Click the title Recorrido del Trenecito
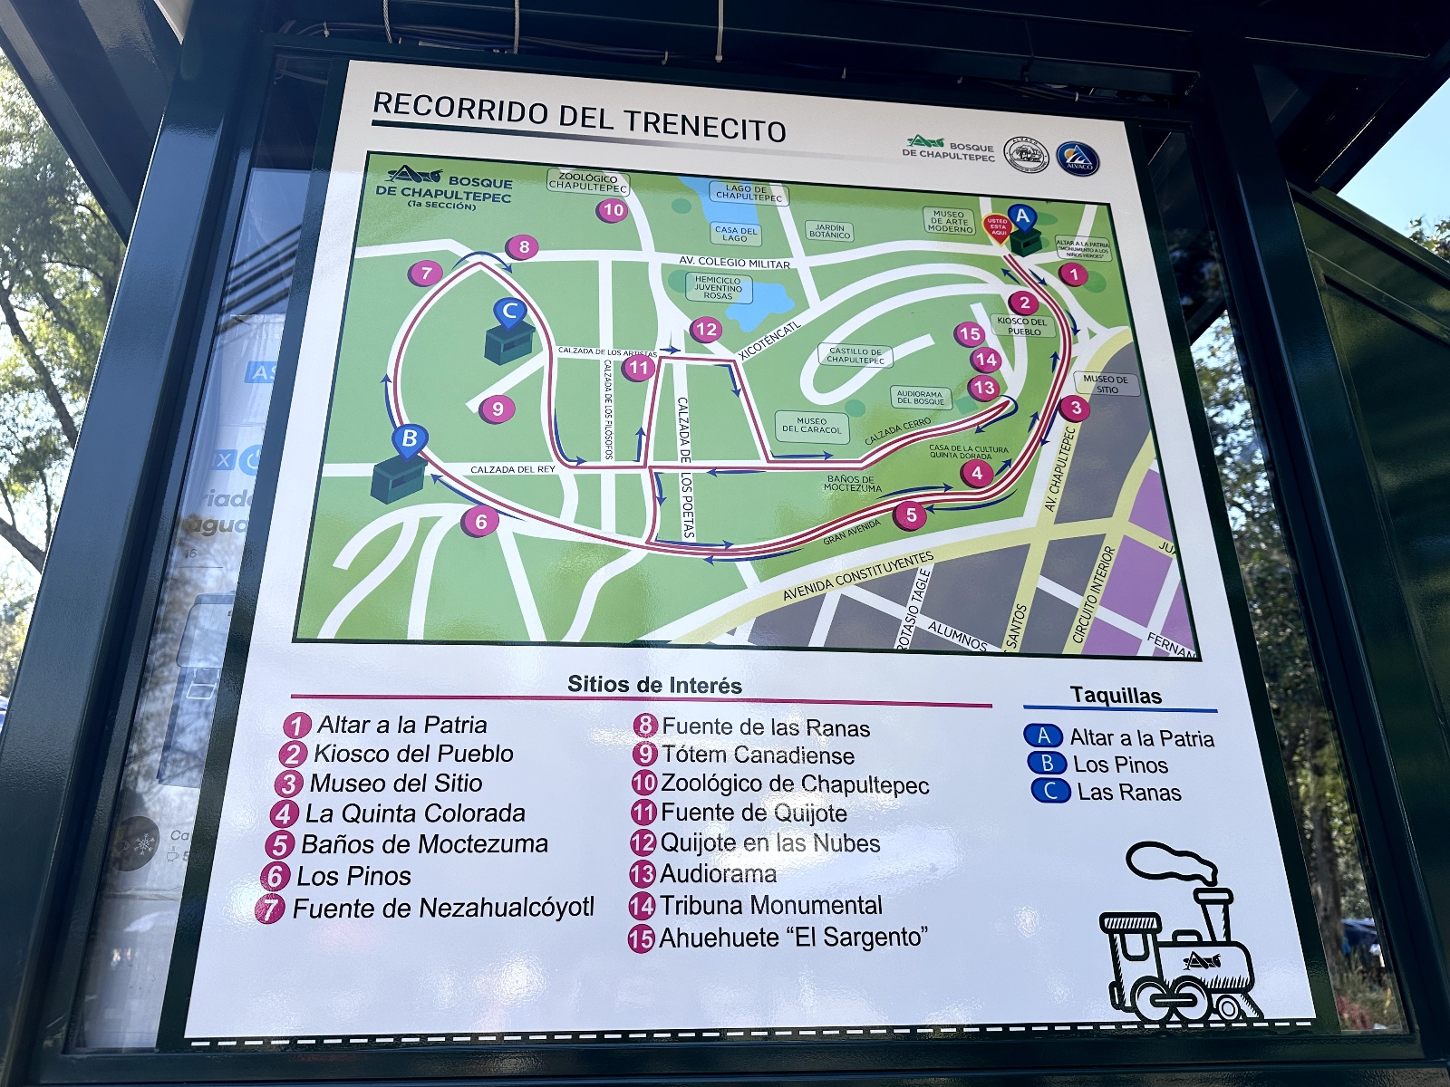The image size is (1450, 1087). pos(579,119)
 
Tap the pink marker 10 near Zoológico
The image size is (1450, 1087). pos(614,210)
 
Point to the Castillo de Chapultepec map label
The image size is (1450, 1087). pos(855,355)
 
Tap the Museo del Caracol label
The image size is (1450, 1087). pos(811,426)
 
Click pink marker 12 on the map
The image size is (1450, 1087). pos(706,330)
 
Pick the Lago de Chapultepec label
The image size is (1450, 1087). pos(749,193)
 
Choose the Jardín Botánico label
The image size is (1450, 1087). pos(829,232)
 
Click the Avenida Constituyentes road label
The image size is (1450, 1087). pos(857,576)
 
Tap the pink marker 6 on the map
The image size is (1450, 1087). pos(481,522)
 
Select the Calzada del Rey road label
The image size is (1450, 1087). pos(512,469)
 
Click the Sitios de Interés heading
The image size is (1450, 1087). pos(654,685)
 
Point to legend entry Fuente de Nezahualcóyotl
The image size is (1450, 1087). pos(443,909)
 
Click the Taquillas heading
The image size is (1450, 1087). pos(1116,696)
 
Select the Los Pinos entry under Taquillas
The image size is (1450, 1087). pos(1120,765)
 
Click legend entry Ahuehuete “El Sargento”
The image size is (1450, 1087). pos(793,938)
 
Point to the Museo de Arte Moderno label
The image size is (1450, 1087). pos(949,222)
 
